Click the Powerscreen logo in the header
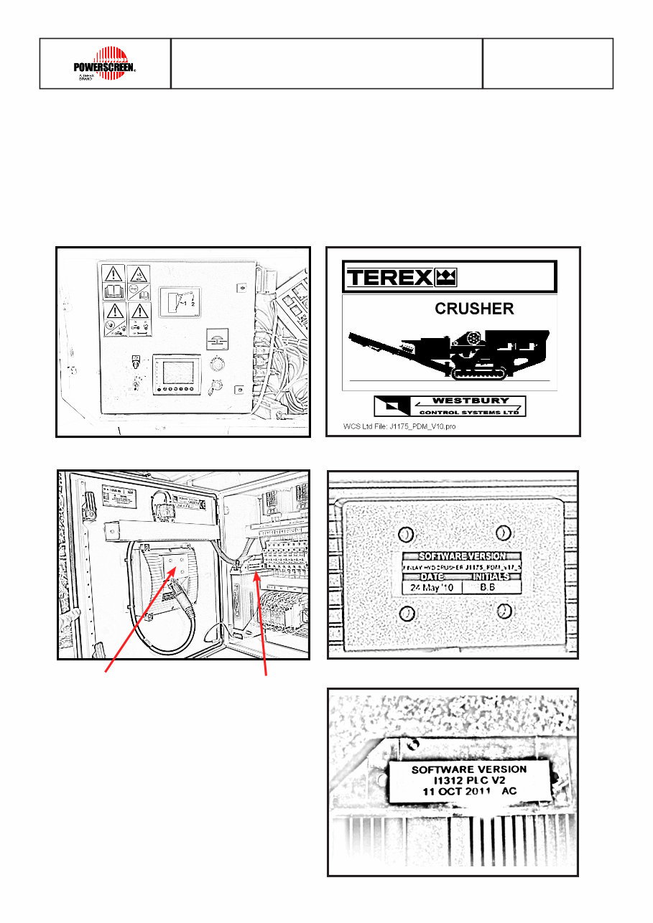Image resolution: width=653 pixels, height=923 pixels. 105,63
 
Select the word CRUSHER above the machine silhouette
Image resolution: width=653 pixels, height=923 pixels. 474,309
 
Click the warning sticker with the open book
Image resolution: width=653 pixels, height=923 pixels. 113,282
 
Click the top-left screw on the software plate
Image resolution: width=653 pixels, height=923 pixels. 406,535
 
